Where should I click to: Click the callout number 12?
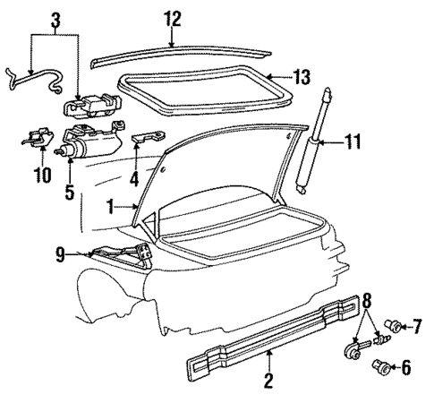(172, 18)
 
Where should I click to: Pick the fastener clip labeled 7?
(392, 328)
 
